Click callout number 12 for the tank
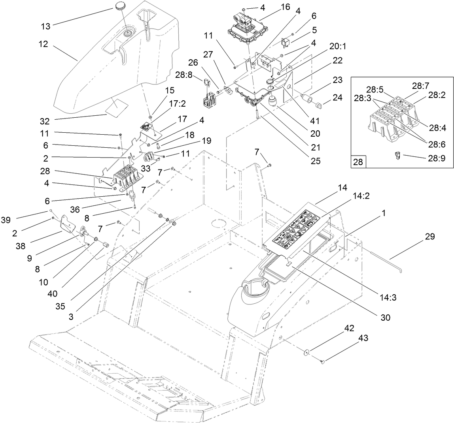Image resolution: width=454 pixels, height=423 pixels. tap(44, 44)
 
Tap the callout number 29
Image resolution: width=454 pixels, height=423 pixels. tap(429, 237)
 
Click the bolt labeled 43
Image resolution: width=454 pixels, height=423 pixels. tap(322, 360)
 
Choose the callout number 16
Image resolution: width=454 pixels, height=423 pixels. tap(285, 7)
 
